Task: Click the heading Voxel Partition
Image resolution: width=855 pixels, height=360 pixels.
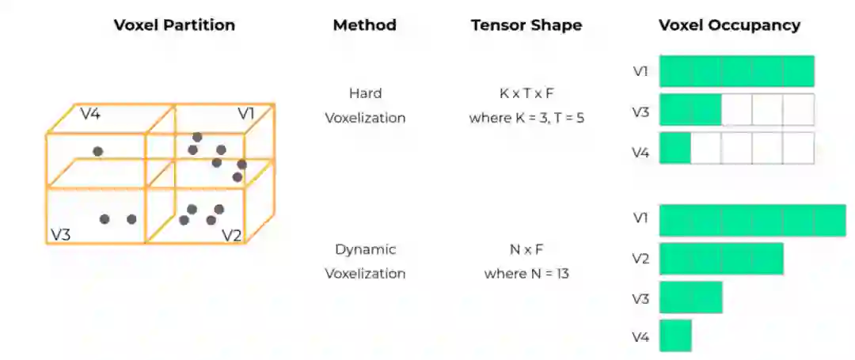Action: tap(174, 25)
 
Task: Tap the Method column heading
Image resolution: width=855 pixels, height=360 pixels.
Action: tap(364, 25)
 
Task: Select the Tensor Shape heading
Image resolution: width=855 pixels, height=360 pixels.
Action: tap(526, 25)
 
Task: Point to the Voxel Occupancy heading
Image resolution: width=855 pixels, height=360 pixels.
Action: tap(729, 25)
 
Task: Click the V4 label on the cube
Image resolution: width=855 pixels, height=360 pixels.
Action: tap(89, 114)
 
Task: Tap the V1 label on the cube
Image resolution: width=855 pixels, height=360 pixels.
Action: tap(246, 114)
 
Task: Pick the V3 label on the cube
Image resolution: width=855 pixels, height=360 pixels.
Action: tap(60, 234)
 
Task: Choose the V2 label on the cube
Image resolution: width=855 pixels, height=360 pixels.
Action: tap(230, 235)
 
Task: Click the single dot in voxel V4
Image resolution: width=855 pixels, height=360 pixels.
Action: tap(97, 151)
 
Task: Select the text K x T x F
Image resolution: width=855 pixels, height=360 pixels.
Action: tap(526, 93)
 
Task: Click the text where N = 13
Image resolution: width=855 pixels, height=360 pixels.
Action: tap(526, 274)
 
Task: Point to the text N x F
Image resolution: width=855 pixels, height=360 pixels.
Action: tap(526, 249)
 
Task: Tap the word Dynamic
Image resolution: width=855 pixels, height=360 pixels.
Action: tap(364, 249)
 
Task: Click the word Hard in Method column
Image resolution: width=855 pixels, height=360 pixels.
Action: tap(364, 93)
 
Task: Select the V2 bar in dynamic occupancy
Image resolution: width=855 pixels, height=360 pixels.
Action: tap(720, 259)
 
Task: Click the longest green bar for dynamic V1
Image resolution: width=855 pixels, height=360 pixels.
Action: tap(752, 220)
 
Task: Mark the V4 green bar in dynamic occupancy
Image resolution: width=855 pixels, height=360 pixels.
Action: tap(674, 335)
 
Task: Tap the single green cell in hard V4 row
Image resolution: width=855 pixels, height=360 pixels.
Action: tap(674, 148)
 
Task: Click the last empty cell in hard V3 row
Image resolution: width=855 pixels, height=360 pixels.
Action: tap(798, 109)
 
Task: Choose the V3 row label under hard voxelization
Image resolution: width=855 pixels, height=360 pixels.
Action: tap(640, 112)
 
